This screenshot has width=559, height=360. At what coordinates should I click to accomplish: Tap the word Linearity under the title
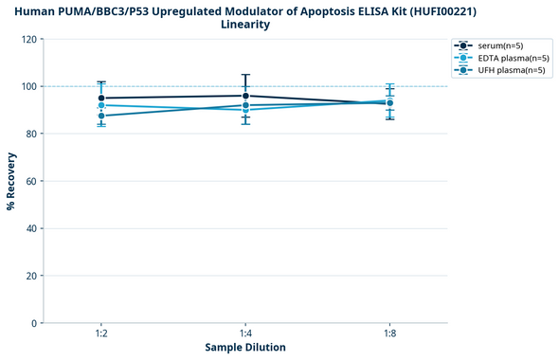coord(244,25)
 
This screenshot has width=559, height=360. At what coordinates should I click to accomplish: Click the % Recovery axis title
coord(11,181)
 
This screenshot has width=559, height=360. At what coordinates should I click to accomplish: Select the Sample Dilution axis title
coord(245,348)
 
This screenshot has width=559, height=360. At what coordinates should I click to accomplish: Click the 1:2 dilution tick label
coord(101,333)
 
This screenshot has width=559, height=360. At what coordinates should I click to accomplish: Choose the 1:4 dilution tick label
coord(245,333)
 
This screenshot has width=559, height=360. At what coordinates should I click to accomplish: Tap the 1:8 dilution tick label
coord(389,333)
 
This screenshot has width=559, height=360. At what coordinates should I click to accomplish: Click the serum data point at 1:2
coord(101,99)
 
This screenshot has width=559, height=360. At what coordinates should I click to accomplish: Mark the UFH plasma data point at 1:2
coord(101,116)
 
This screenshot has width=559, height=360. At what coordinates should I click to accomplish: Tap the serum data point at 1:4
coord(245,96)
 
